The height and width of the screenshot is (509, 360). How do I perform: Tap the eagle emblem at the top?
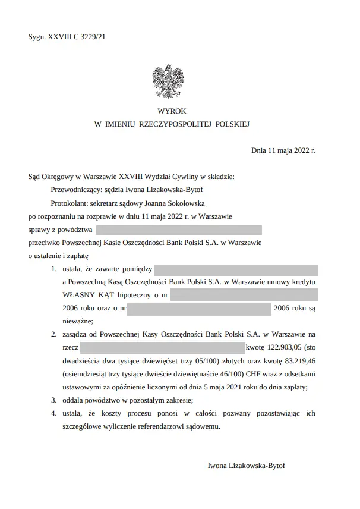pyautogui.click(x=167, y=81)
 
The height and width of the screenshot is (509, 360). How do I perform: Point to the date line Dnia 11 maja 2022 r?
pyautogui.click(x=283, y=151)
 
